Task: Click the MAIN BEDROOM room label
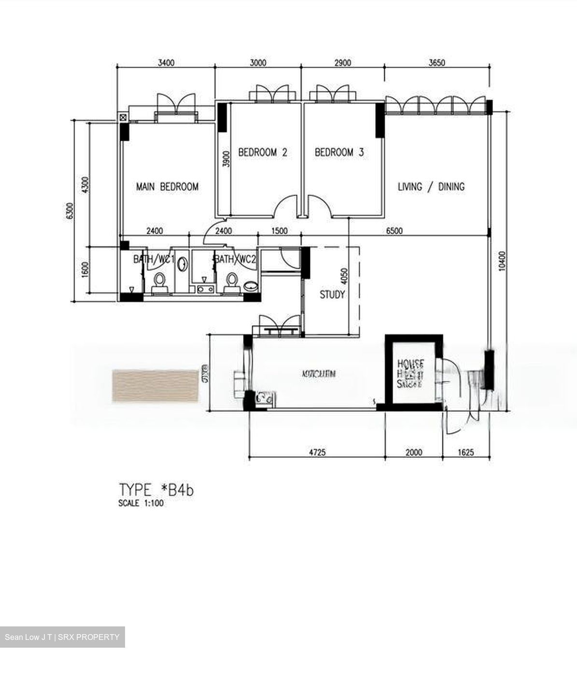[167, 187]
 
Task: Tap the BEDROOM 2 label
[263, 153]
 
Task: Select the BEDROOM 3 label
[339, 153]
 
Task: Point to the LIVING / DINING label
[431, 187]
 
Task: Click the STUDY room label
[332, 294]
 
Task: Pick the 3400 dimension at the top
[166, 63]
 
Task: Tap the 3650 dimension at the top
[436, 63]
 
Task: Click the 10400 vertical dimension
[502, 261]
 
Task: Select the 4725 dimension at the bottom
[317, 452]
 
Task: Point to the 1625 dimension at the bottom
[465, 452]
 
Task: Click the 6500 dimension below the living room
[394, 231]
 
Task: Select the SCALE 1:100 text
[141, 503]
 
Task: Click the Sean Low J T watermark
[62, 637]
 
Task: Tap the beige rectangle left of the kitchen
[155, 386]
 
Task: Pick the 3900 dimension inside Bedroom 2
[225, 158]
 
